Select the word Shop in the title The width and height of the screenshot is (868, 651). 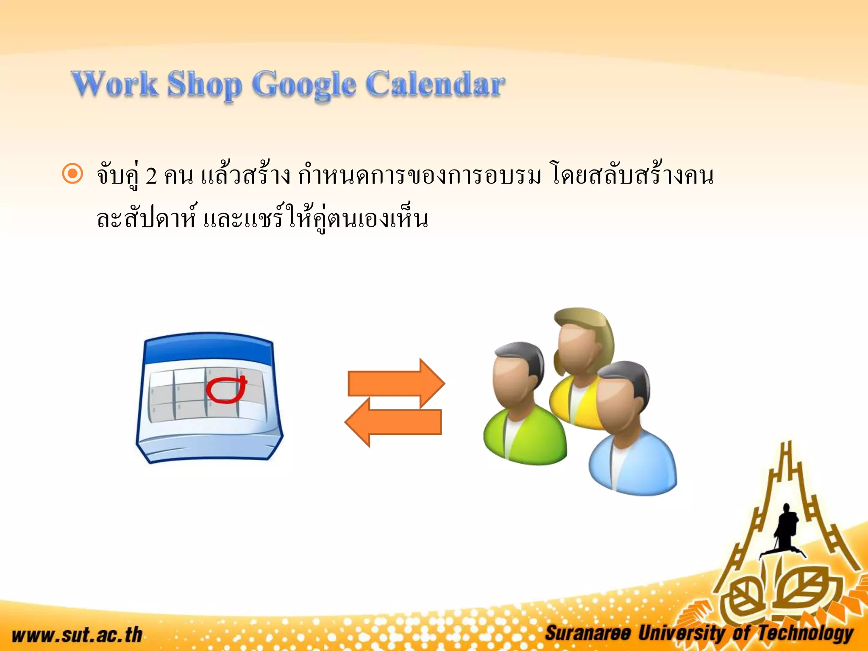click(204, 85)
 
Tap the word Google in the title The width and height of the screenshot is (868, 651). click(304, 85)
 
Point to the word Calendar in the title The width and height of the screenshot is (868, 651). click(435, 84)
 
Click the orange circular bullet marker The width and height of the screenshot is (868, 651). click(72, 174)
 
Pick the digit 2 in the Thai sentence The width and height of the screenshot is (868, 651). click(151, 176)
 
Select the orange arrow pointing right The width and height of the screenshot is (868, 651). click(396, 383)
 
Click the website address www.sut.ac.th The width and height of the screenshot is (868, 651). click(77, 635)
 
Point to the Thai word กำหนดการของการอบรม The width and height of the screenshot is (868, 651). click(420, 176)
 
